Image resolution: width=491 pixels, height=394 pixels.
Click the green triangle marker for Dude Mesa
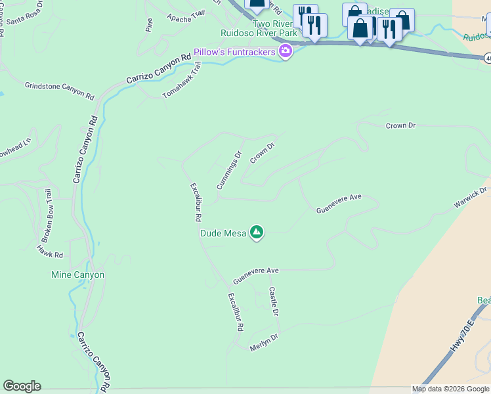click(257, 232)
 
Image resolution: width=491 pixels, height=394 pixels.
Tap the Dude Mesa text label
click(223, 233)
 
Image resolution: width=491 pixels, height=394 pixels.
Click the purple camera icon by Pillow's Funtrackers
click(285, 52)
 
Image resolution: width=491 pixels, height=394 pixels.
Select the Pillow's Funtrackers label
click(234, 52)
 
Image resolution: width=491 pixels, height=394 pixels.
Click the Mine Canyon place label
click(77, 274)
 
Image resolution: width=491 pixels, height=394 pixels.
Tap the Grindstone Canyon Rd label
click(60, 90)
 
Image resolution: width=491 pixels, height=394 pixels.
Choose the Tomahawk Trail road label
click(181, 80)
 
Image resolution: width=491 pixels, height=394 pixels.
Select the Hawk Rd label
click(50, 252)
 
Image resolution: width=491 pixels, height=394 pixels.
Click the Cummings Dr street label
click(230, 170)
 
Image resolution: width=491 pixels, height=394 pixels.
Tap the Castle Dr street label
click(274, 301)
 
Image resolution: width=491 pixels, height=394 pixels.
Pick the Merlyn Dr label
click(264, 341)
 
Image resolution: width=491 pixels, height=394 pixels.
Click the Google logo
click(22, 386)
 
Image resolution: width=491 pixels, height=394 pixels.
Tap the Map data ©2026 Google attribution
click(450, 389)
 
